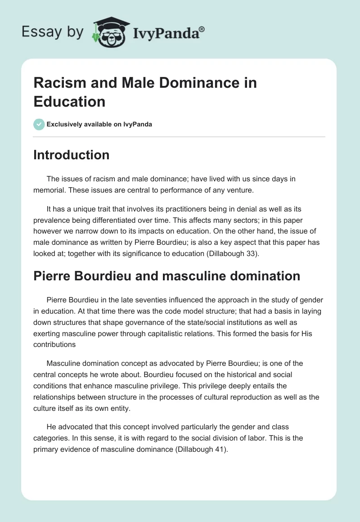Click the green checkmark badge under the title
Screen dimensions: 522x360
point(39,124)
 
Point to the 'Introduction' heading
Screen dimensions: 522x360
point(72,155)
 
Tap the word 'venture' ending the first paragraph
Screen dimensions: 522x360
point(239,190)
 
